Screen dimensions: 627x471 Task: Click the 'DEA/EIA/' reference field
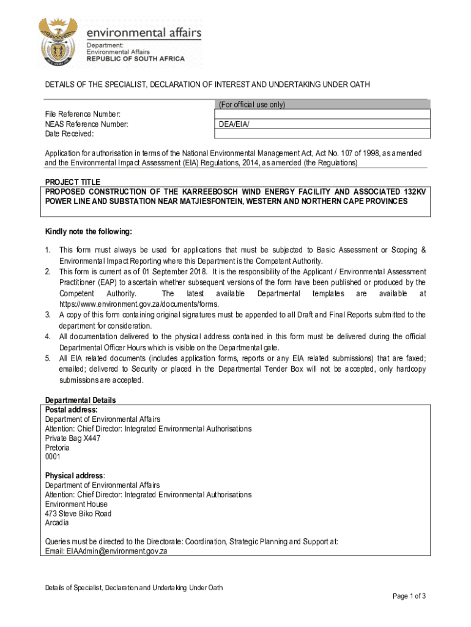(234, 124)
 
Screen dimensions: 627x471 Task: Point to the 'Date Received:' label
(69, 134)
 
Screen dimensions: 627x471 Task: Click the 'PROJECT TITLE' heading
(72, 182)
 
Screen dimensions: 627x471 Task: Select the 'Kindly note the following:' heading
(89, 231)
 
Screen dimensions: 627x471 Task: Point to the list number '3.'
(48, 315)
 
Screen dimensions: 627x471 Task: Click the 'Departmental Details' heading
(81, 400)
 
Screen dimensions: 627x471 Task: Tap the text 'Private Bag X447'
(73, 438)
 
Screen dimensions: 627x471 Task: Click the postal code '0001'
(53, 457)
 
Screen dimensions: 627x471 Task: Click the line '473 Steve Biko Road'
(78, 514)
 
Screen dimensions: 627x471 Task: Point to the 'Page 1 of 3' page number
(409, 596)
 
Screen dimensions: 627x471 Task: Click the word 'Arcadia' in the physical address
(57, 523)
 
